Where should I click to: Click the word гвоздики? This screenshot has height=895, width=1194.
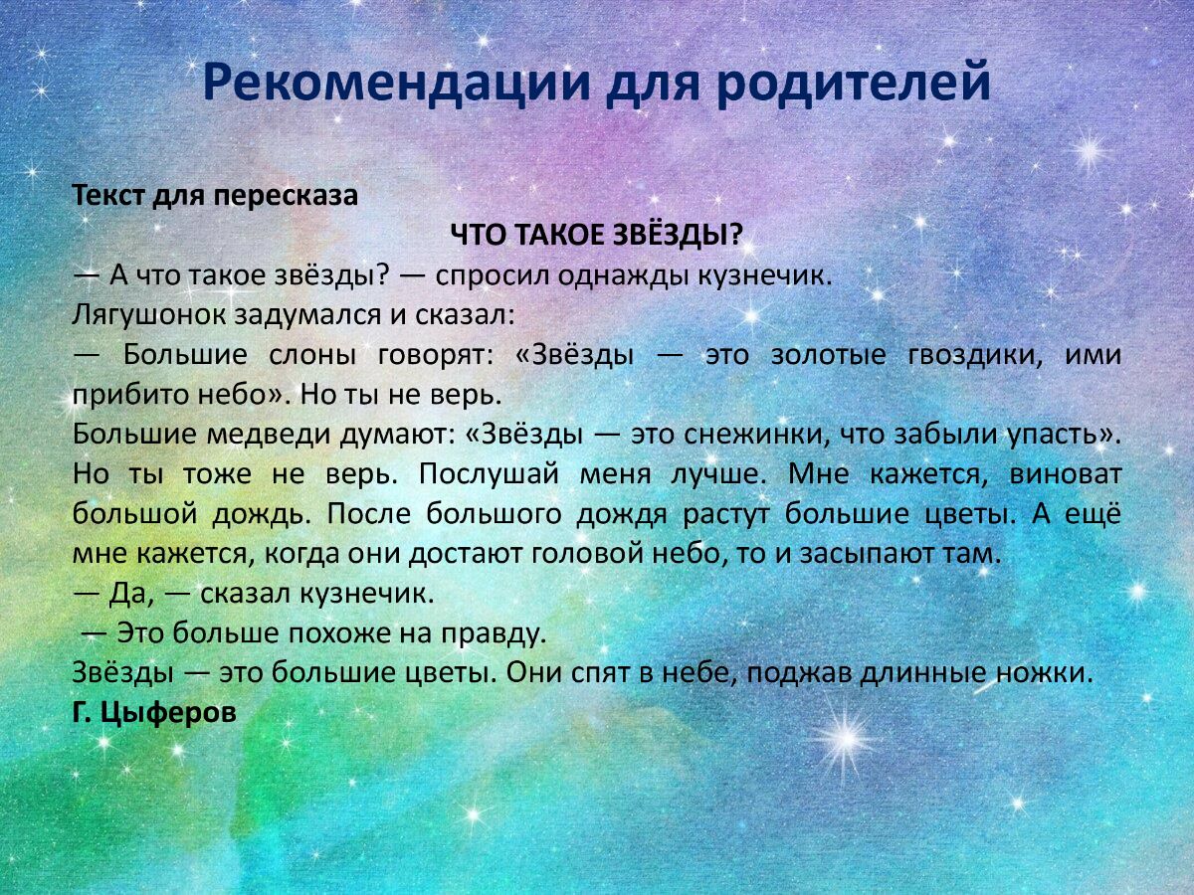[x=959, y=355]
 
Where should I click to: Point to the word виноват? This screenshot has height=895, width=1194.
[x=1065, y=474]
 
